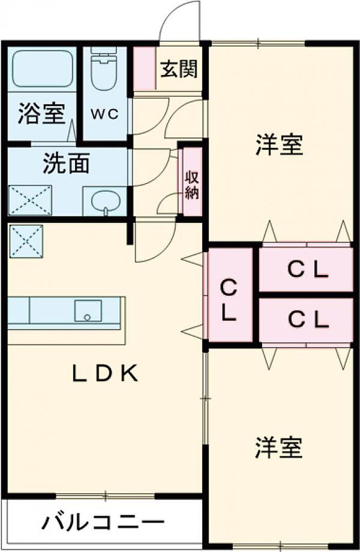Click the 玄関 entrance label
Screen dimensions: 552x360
(x=178, y=69)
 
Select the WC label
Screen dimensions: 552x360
(x=105, y=114)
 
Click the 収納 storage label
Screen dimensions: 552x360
(x=193, y=185)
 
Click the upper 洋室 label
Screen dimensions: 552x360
(x=279, y=145)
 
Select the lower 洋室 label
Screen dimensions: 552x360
(x=279, y=448)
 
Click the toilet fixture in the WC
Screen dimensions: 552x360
(x=104, y=70)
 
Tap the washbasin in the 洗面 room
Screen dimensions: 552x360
(x=105, y=201)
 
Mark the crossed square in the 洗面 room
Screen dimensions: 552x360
(x=30, y=199)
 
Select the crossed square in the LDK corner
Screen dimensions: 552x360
(x=26, y=241)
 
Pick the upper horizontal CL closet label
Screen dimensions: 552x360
(x=308, y=270)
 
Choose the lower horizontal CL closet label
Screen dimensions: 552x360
(x=308, y=320)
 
